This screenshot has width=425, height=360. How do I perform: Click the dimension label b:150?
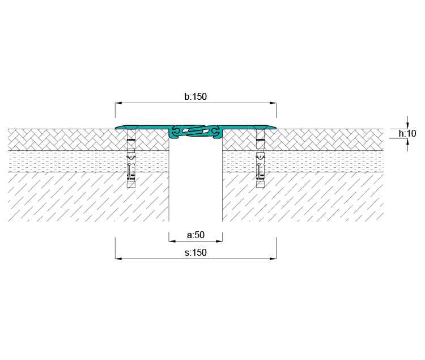point(195,96)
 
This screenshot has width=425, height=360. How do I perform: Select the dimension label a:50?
point(195,235)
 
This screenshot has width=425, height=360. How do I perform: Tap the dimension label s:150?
point(195,252)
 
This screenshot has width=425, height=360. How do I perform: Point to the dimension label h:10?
point(407,133)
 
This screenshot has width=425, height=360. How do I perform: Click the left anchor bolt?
point(131,158)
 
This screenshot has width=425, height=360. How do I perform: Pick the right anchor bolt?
point(260,158)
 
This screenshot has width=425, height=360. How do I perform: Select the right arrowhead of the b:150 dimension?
point(273,103)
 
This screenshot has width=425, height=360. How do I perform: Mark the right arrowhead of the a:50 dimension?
point(219,241)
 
